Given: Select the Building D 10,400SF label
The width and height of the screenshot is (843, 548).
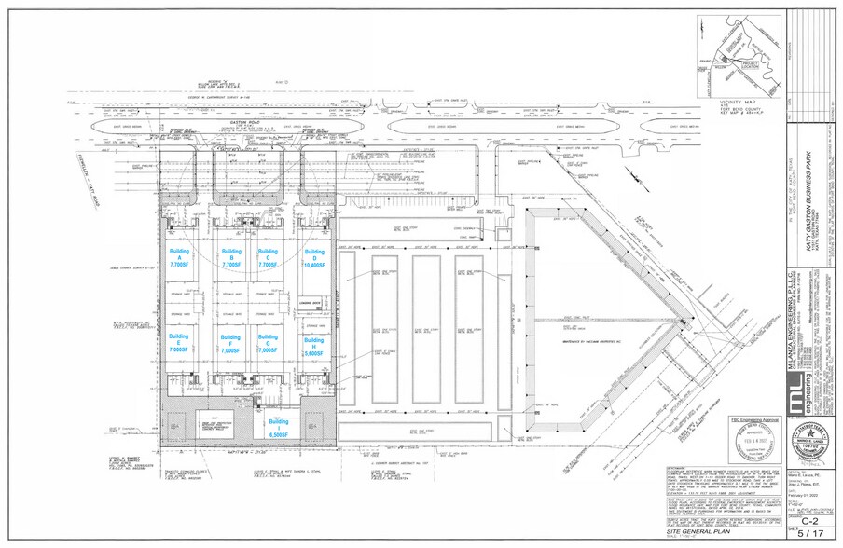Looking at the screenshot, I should tap(314, 258).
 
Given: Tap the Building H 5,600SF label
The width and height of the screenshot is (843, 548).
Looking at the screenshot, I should tap(314, 348).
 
